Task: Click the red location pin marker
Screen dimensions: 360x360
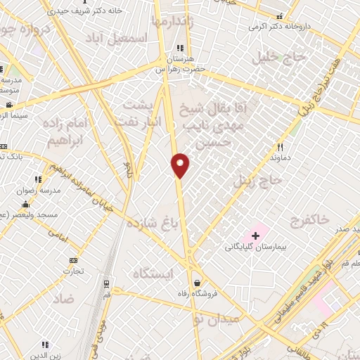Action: [x=181, y=165]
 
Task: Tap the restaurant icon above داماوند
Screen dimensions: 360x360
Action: [x=281, y=147]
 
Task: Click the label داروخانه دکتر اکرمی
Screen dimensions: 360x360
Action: [x=281, y=26]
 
